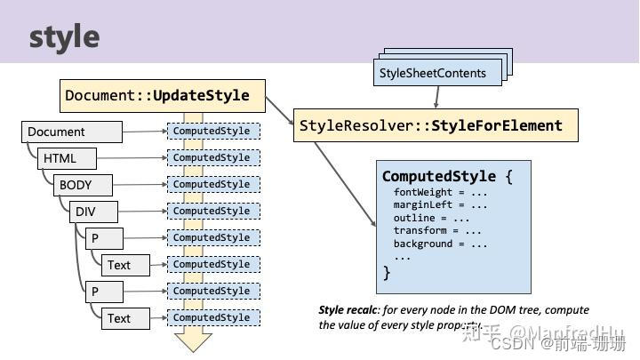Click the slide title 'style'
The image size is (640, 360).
click(x=64, y=36)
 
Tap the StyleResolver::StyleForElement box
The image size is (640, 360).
click(x=436, y=125)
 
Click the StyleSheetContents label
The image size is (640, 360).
click(x=433, y=73)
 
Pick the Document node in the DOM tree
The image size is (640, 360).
click(x=71, y=132)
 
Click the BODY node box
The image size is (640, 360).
click(x=84, y=186)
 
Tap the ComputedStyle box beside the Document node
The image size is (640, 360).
click(x=213, y=132)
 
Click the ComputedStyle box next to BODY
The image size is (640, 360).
click(x=213, y=185)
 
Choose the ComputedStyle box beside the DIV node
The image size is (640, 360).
click(x=213, y=212)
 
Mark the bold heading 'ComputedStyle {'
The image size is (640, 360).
click(x=447, y=176)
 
